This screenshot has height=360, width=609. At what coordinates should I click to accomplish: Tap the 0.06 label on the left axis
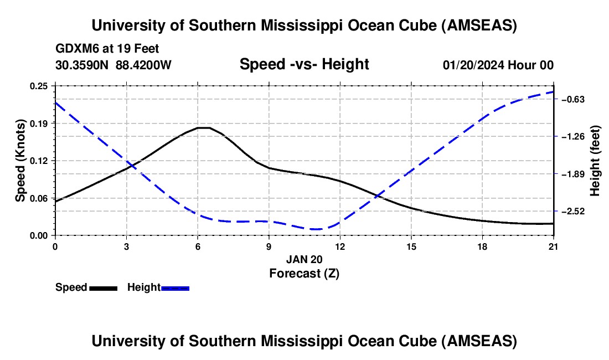pyautogui.click(x=39, y=198)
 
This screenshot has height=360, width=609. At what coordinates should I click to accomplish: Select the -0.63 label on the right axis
pyautogui.click(x=573, y=100)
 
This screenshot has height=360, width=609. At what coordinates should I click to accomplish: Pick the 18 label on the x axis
pyautogui.click(x=482, y=246)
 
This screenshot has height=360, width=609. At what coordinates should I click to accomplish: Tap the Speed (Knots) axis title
pyautogui.click(x=20, y=161)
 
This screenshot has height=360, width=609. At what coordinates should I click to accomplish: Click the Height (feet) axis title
pyautogui.click(x=595, y=161)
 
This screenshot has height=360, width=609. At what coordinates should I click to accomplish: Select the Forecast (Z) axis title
pyautogui.click(x=304, y=274)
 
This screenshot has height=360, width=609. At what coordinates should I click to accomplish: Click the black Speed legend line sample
pyautogui.click(x=104, y=288)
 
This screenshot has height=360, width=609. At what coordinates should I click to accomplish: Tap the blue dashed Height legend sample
pyautogui.click(x=175, y=288)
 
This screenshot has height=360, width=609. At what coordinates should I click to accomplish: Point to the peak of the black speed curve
pyautogui.click(x=204, y=127)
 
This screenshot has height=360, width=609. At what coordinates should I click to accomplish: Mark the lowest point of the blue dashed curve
pyautogui.click(x=316, y=229)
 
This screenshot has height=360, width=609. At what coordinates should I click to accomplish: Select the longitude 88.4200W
pyautogui.click(x=143, y=65)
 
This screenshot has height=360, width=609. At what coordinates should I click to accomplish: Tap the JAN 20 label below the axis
pyautogui.click(x=304, y=259)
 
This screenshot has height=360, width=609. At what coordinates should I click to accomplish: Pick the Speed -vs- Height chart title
pyautogui.click(x=304, y=64)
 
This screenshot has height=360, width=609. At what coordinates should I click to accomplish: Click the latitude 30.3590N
pyautogui.click(x=82, y=65)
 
